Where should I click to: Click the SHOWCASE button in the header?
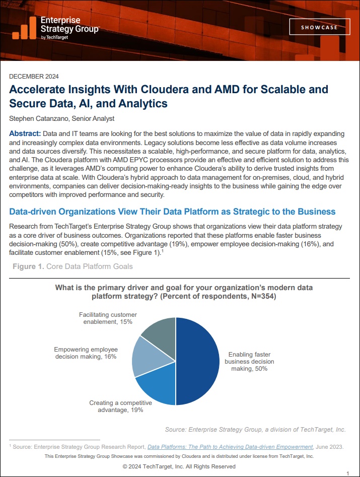(x=319, y=27)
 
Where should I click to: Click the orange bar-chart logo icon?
(x=25, y=28)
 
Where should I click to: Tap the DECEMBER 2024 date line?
(x=34, y=77)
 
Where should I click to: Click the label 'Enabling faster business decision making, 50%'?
(x=249, y=361)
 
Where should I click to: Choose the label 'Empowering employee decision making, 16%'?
(x=86, y=353)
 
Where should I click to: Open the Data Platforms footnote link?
(x=230, y=447)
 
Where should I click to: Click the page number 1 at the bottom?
(x=348, y=473)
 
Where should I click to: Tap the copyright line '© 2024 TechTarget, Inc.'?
(x=179, y=466)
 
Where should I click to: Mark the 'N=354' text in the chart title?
(x=262, y=296)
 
